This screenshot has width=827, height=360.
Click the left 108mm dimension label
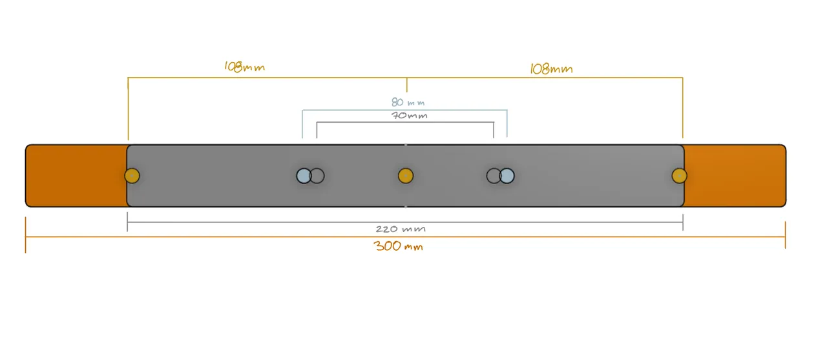pos(244,67)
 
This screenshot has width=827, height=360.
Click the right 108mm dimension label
pos(551,69)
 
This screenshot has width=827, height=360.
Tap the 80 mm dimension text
pos(408,102)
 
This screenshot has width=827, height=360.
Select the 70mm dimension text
pos(410,116)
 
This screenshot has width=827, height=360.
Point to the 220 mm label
pos(401,229)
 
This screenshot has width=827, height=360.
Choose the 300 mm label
pos(399,246)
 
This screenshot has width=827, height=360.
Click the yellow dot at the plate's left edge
pos(132,175)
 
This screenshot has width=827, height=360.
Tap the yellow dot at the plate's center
pos(406,175)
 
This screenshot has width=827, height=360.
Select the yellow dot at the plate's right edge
pos(679,175)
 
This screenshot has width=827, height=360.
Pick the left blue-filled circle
pos(303,175)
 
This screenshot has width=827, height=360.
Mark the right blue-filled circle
pos(507,175)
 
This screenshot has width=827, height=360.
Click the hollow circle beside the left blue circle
pos(317,175)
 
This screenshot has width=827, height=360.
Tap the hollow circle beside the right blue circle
pos(494,175)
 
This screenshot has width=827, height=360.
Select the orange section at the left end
pos(76,175)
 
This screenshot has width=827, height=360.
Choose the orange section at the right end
pos(735,175)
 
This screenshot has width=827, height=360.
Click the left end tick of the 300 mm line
pos(26,236)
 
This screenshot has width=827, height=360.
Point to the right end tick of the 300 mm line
pos(785,236)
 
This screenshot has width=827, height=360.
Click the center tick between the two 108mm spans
pos(406,85)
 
